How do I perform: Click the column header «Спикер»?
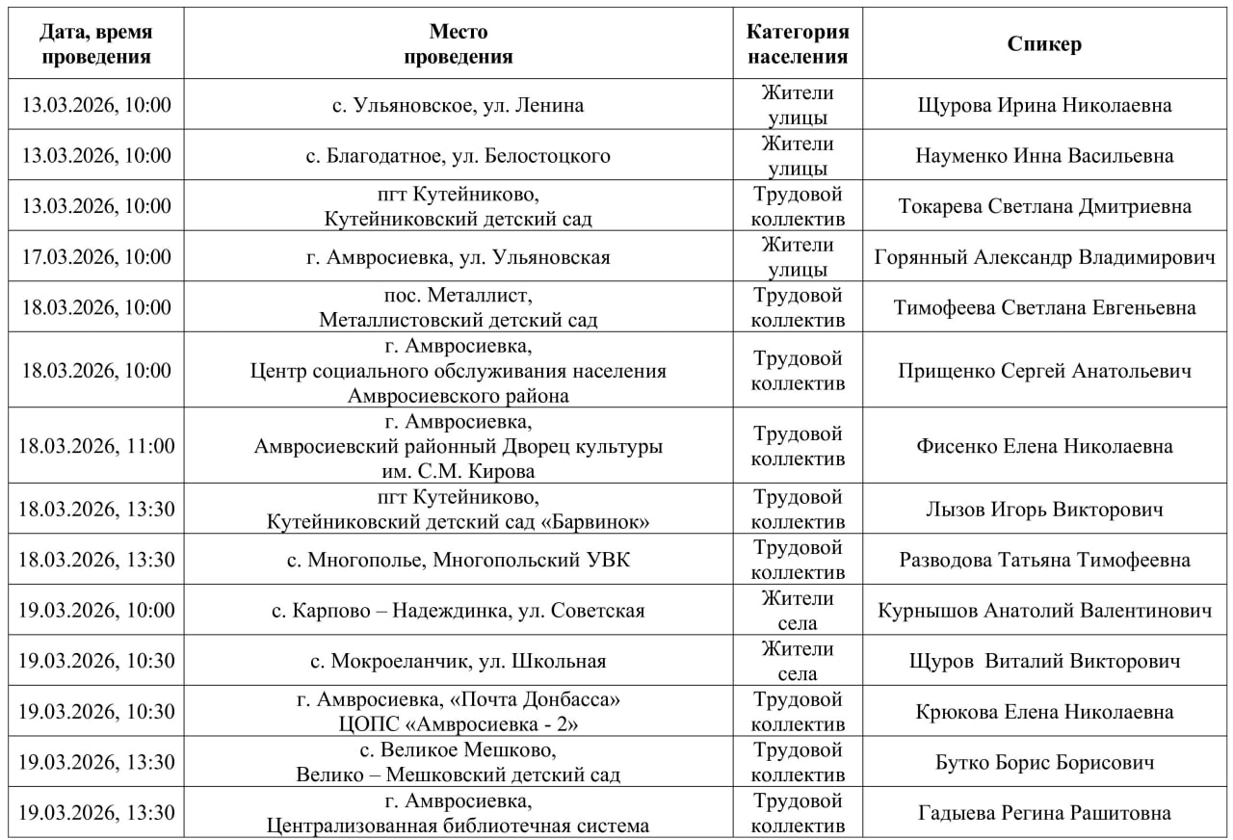point(1044,44)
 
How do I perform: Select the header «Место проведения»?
point(458,44)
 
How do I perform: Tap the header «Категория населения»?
point(798,44)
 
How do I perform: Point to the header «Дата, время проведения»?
point(96,44)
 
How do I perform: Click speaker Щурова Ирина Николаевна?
point(1045,105)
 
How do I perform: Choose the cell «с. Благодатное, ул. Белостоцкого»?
point(458,155)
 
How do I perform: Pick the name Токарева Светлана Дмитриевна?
point(1045,206)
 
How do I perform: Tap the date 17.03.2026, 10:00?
point(96,257)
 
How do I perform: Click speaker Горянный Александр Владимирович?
point(1045,257)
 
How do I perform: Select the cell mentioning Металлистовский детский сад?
point(458,320)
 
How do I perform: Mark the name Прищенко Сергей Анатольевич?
point(1045,371)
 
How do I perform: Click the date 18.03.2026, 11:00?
point(96,446)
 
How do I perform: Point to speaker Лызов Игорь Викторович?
point(1045,510)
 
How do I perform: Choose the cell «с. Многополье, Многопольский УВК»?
point(458,560)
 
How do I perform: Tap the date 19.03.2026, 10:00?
point(96,611)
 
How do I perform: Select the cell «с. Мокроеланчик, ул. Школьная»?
point(458,661)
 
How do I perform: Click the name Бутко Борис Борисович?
point(1045,763)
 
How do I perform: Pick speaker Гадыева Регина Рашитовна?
point(1045,813)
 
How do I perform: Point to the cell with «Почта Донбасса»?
point(458,712)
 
